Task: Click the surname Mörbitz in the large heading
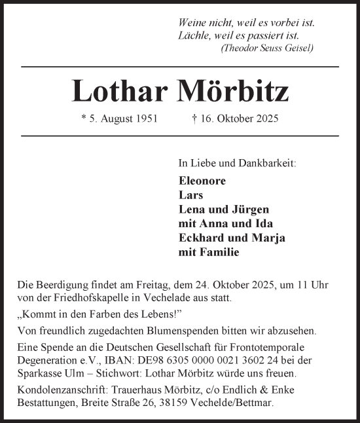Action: tap(233, 92)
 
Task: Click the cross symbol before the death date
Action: tap(194, 119)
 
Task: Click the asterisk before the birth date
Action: tap(83, 119)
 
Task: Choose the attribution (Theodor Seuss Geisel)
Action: tap(267, 48)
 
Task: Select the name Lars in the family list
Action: tap(190, 195)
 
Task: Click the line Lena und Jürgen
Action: tap(223, 210)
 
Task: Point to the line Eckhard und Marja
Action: tap(231, 238)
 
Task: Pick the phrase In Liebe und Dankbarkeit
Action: tap(236, 162)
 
